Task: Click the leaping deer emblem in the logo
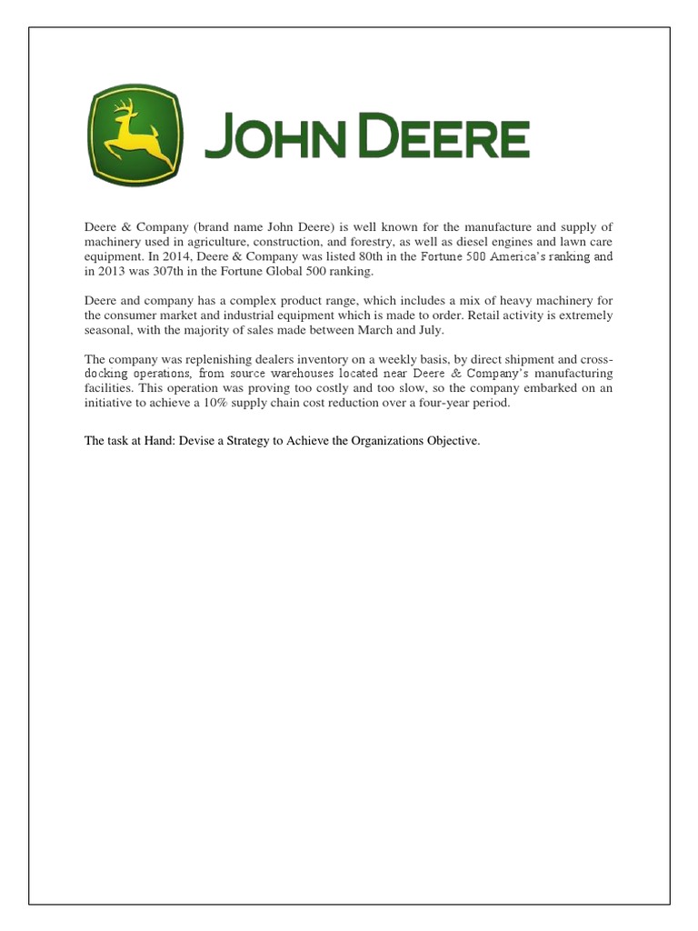point(135,135)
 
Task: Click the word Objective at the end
point(449,441)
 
